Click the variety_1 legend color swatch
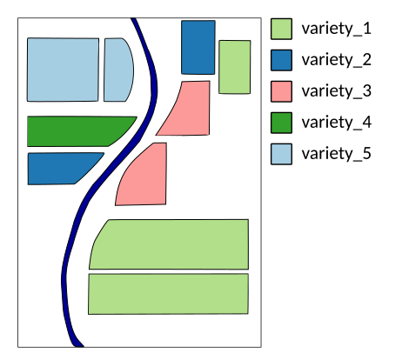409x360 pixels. pyautogui.click(x=281, y=29)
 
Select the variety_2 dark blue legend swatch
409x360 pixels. pyautogui.click(x=281, y=60)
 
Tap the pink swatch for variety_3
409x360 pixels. pyautogui.click(x=281, y=91)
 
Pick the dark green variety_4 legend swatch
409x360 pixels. pyautogui.click(x=281, y=123)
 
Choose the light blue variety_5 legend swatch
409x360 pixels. pyautogui.click(x=281, y=154)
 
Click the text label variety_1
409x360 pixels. pyautogui.click(x=337, y=29)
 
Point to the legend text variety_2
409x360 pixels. pyautogui.click(x=337, y=60)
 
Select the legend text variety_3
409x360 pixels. pyautogui.click(x=337, y=91)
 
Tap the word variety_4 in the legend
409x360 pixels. pyautogui.click(x=337, y=123)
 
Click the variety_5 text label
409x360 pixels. pyautogui.click(x=337, y=154)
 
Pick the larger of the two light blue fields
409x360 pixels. pyautogui.click(x=63, y=70)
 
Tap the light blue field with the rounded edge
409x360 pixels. pyautogui.click(x=117, y=70)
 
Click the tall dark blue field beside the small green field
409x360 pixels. pyautogui.click(x=198, y=47)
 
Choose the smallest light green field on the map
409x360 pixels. pyautogui.click(x=235, y=67)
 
